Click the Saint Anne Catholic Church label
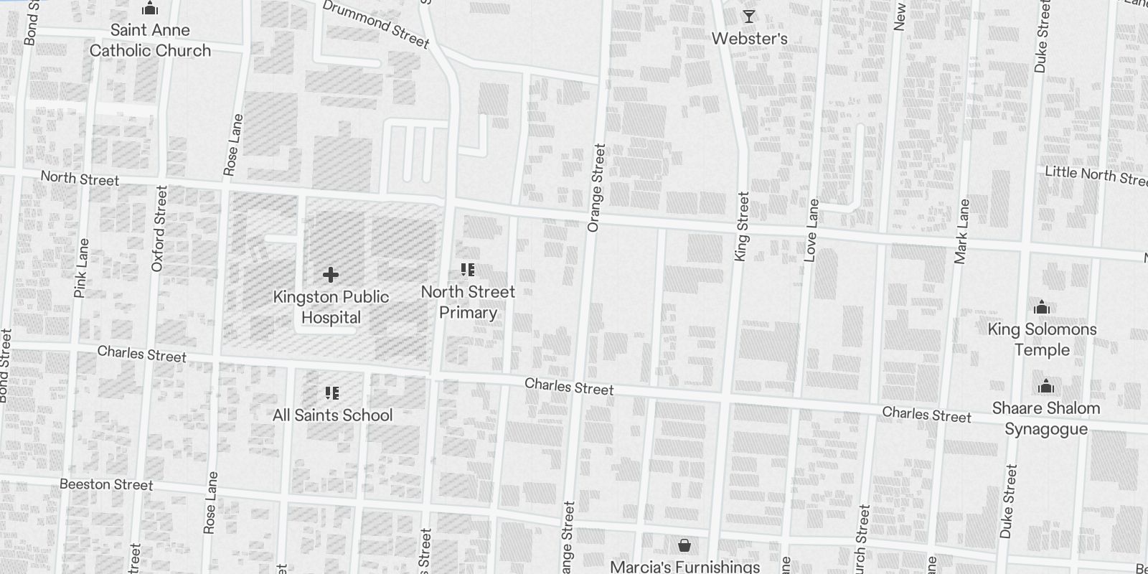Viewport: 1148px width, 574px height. [150, 40]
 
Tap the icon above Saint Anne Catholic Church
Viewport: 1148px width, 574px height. [150, 9]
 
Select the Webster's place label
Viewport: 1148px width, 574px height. [749, 39]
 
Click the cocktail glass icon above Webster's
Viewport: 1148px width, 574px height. [749, 17]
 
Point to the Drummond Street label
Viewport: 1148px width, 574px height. [376, 24]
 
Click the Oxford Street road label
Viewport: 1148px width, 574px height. [159, 229]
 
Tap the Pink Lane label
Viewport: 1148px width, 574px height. [82, 268]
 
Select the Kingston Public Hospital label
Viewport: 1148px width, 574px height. [331, 307]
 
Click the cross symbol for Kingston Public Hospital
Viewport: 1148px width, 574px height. [331, 275]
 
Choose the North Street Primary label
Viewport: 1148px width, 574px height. [468, 302]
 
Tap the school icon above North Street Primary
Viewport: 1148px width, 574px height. [468, 270]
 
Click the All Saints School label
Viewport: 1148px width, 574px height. [332, 415]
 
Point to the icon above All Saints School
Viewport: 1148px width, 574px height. [331, 392]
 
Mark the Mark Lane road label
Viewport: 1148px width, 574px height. [962, 231]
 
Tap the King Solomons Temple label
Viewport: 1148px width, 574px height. [1042, 339]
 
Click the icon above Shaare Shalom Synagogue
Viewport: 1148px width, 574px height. [1046, 387]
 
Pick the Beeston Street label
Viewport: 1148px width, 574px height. [106, 485]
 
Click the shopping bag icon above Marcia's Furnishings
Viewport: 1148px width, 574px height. [684, 546]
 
